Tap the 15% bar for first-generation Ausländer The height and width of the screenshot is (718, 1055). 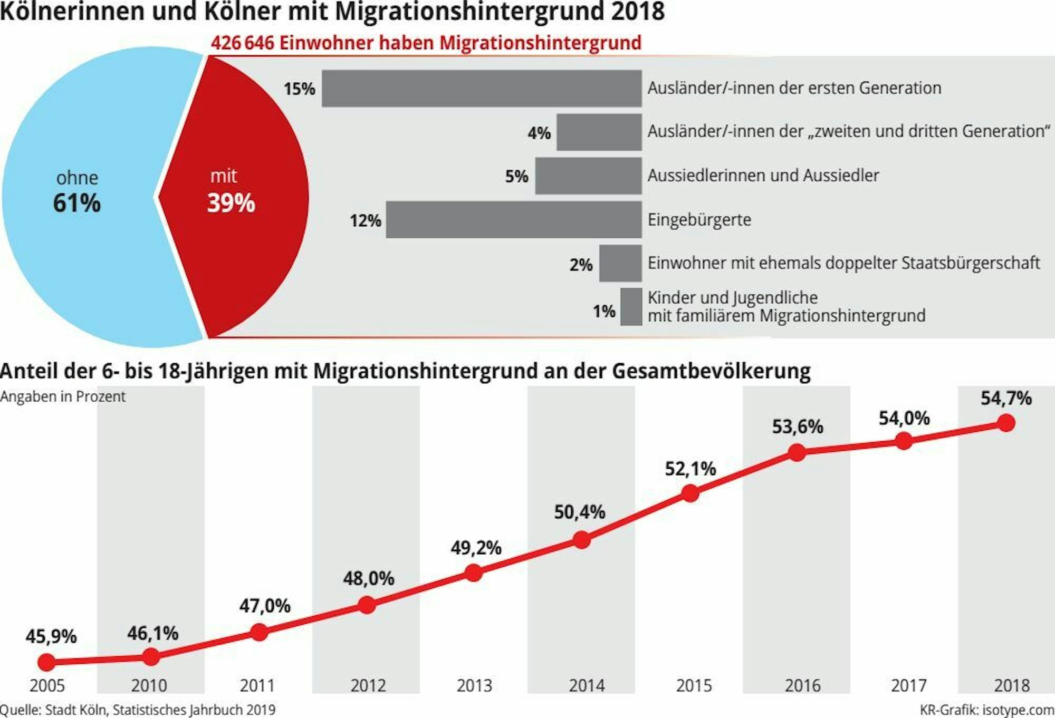click(x=482, y=89)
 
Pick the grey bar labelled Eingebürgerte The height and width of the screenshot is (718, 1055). click(x=513, y=219)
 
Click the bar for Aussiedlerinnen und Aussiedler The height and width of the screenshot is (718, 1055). click(x=588, y=176)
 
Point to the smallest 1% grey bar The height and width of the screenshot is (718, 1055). click(x=631, y=307)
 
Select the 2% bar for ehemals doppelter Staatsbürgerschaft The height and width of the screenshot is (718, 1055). click(x=620, y=263)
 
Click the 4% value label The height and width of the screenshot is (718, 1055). click(x=539, y=133)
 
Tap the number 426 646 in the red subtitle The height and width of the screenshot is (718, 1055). click(x=243, y=43)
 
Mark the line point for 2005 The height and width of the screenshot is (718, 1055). click(x=46, y=662)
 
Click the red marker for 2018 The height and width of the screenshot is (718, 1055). click(x=1006, y=423)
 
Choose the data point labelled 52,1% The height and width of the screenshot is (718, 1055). click(x=690, y=493)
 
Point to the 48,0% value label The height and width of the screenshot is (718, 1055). click(x=369, y=579)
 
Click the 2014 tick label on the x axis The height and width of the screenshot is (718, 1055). click(x=587, y=685)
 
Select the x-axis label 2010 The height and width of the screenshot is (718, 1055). click(x=149, y=685)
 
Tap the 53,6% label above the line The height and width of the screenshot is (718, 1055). click(x=798, y=426)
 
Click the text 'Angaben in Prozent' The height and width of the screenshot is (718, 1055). click(x=63, y=396)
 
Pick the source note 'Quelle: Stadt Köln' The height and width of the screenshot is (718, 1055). click(x=138, y=710)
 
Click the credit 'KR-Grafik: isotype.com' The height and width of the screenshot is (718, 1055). click(x=987, y=710)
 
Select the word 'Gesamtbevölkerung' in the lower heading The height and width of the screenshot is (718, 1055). click(x=711, y=371)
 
